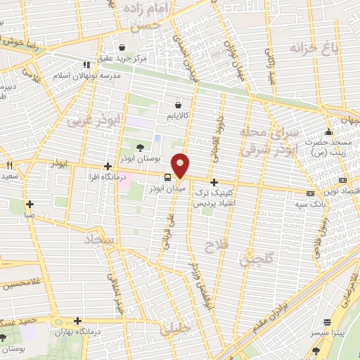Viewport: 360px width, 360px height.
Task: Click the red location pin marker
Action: [181, 165]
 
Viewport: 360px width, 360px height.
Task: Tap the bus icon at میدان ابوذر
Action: [167, 177]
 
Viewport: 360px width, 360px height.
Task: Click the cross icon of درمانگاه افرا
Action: [107, 167]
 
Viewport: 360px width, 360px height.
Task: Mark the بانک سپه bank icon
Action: [310, 193]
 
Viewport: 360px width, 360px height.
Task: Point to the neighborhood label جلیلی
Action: [171, 328]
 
